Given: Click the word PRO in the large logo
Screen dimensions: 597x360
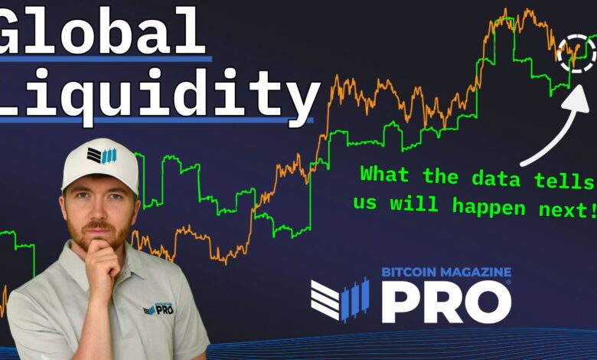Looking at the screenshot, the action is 447,302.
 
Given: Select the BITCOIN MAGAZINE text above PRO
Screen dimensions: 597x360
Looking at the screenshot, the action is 446,272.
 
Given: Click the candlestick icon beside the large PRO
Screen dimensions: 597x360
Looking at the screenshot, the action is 340,299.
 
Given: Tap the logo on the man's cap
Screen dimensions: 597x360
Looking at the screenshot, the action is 101,155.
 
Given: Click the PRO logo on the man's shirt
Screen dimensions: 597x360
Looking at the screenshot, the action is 158,309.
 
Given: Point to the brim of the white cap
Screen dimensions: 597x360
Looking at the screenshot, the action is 99,183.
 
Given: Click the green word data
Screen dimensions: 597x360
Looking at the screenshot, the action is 496,177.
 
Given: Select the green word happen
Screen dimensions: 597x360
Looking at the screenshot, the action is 488,208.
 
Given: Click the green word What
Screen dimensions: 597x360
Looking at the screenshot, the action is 384,174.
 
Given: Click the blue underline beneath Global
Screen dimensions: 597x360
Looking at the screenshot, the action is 106,59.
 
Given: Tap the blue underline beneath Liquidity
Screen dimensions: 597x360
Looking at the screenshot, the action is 156,120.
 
